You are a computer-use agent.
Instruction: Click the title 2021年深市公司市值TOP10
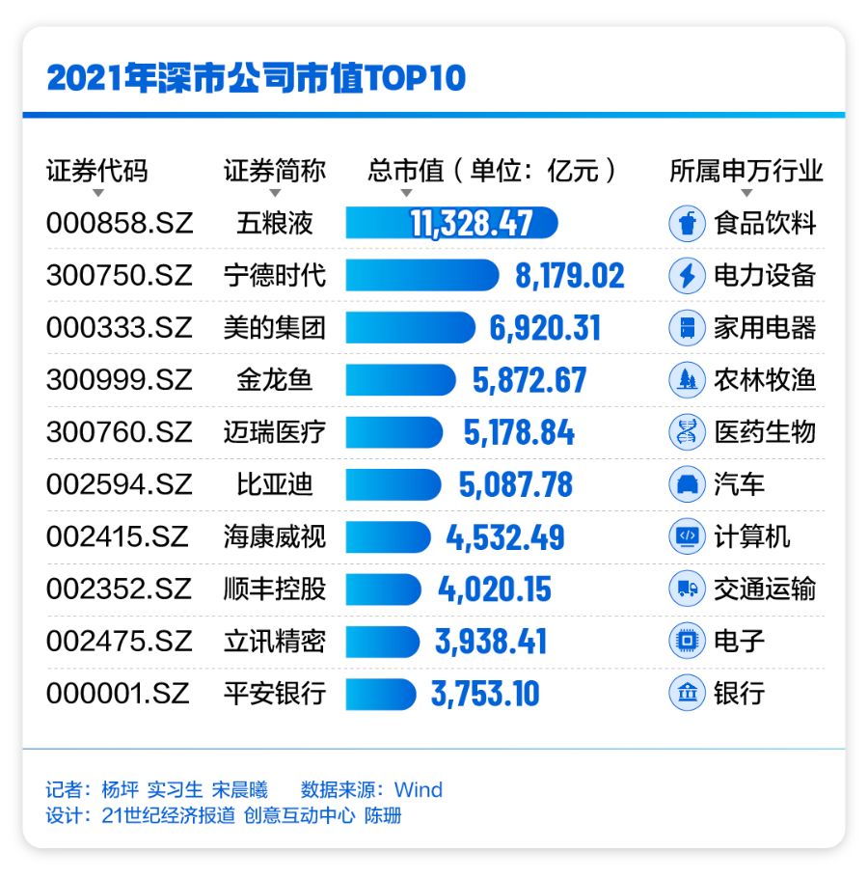point(256,78)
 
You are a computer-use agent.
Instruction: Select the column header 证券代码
point(97,171)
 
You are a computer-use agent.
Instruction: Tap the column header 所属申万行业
point(746,171)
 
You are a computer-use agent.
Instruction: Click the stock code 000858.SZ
point(120,224)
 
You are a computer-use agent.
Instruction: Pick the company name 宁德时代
point(275,276)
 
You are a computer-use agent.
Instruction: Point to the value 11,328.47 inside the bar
point(471,224)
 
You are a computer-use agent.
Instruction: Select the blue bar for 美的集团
point(411,328)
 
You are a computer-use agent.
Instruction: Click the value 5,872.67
point(529,380)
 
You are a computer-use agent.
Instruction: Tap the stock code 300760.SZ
point(120,432)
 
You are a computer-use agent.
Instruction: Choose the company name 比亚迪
point(275,484)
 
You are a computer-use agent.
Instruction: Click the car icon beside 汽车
point(687,484)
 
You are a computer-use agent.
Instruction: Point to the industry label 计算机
point(752,536)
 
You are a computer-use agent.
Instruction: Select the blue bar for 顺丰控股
point(383,589)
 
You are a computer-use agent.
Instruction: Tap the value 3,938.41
point(491,641)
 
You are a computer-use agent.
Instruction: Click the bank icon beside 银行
point(687,693)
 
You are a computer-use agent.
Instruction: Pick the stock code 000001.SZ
point(120,693)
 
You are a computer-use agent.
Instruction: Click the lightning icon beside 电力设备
point(687,276)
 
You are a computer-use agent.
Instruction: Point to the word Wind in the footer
point(419,790)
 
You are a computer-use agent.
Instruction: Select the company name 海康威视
point(275,536)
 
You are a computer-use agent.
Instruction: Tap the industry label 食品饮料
point(765,224)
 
